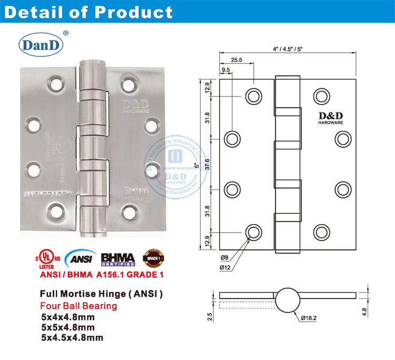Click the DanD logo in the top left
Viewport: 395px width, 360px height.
(x=41, y=44)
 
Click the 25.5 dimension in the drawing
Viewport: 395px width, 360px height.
(x=236, y=60)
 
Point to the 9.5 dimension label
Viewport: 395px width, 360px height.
(x=226, y=69)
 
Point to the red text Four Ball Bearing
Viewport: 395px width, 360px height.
(x=79, y=305)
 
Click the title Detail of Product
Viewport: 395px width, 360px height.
(x=88, y=12)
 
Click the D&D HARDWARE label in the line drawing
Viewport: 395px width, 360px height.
(x=330, y=118)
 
